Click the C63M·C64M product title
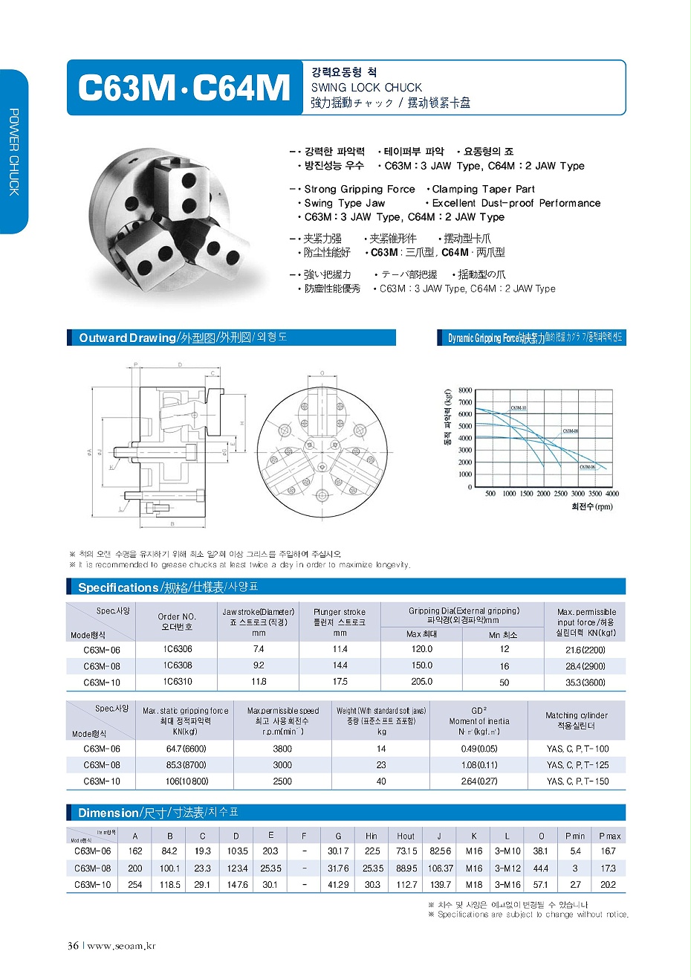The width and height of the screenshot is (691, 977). click(x=184, y=88)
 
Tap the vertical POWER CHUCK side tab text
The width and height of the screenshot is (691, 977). click(x=14, y=152)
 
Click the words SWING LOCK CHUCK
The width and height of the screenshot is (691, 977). click(x=366, y=87)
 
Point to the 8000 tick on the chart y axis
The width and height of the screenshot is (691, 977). click(x=465, y=390)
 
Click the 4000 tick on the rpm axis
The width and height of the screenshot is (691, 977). click(x=611, y=494)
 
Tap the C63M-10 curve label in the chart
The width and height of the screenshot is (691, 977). click(x=518, y=408)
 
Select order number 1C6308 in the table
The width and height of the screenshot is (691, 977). click(x=178, y=665)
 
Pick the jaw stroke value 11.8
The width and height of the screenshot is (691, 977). click(x=259, y=682)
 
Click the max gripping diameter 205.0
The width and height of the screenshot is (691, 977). click(x=421, y=682)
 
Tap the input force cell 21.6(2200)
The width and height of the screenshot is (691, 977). click(x=585, y=650)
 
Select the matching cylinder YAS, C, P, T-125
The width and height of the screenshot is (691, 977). click(x=577, y=765)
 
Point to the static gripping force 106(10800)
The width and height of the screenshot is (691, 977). click(x=187, y=781)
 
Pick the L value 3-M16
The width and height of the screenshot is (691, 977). click(x=507, y=885)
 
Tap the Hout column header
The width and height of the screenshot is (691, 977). click(x=406, y=836)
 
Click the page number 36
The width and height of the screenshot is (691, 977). click(x=74, y=946)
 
